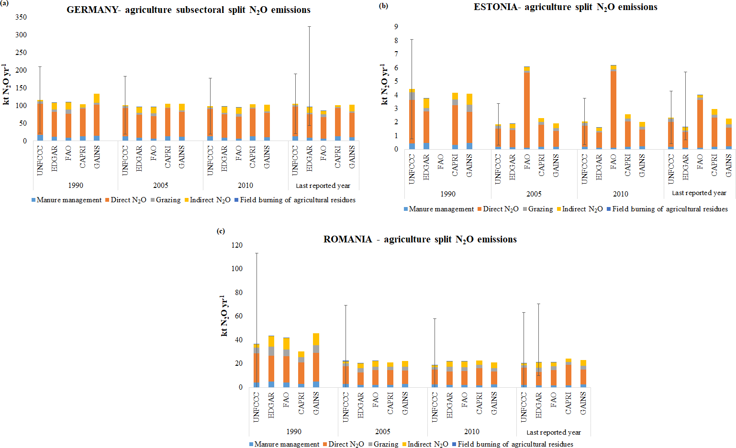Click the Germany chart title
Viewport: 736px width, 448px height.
click(x=189, y=10)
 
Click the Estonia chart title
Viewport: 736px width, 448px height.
click(x=565, y=7)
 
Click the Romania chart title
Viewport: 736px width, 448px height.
click(x=420, y=240)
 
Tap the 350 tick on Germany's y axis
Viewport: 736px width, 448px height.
click(x=21, y=17)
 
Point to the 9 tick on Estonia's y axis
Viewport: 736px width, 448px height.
click(x=396, y=27)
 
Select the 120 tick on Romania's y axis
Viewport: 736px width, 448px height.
click(x=237, y=245)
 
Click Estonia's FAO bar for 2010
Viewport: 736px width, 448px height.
click(x=613, y=108)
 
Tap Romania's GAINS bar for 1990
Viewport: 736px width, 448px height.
click(x=316, y=361)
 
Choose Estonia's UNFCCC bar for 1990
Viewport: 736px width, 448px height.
click(x=412, y=120)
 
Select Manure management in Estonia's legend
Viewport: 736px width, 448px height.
click(x=438, y=209)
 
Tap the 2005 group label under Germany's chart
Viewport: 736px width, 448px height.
click(x=161, y=186)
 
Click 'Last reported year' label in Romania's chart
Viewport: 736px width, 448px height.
click(x=554, y=432)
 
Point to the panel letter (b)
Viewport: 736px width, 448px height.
click(x=383, y=5)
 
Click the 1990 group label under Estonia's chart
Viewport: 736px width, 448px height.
click(x=448, y=194)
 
